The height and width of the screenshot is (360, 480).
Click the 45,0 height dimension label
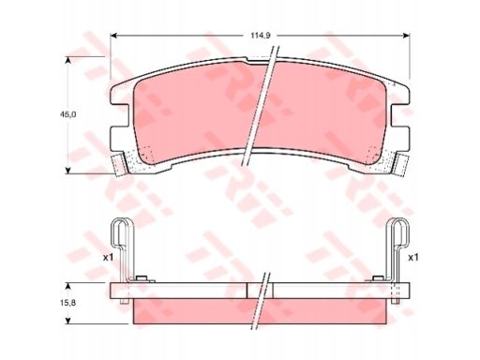[68, 114]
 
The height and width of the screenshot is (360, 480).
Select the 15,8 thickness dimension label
[68, 303]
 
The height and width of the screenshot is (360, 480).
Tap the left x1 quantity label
[108, 258]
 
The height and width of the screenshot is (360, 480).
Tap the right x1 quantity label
[413, 258]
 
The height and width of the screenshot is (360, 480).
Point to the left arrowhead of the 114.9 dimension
[114, 36]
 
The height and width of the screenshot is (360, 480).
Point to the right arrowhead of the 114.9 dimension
[406, 36]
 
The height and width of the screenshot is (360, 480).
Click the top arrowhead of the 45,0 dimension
[67, 60]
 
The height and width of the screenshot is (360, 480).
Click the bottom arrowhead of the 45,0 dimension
[67, 171]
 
